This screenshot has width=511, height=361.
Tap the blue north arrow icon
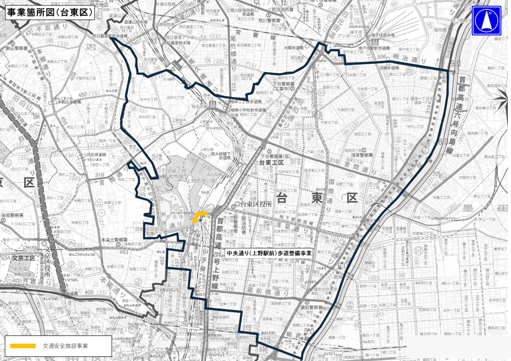(486, 20)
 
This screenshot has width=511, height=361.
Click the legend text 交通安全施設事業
(65, 346)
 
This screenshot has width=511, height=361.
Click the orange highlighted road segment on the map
(199, 217)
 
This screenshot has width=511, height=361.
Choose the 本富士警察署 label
(114, 239)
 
